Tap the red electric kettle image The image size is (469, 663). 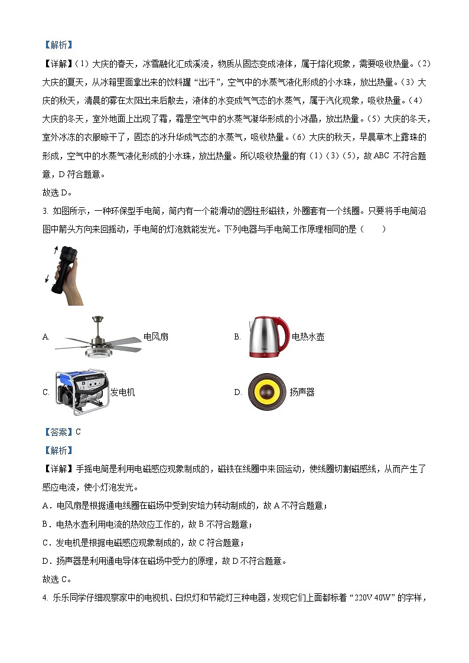pyautogui.click(x=266, y=337)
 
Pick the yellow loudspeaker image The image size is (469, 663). pyautogui.click(x=267, y=391)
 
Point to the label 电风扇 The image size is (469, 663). pyautogui.click(x=156, y=337)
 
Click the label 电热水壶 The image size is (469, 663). pyautogui.click(x=308, y=337)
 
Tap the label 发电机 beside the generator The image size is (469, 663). pyautogui.click(x=122, y=392)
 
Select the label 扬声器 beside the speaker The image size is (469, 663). pyautogui.click(x=302, y=392)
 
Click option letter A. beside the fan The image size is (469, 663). pyautogui.click(x=46, y=337)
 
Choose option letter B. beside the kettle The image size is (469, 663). pyautogui.click(x=237, y=337)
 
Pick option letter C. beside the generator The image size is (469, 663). pyautogui.click(x=46, y=392)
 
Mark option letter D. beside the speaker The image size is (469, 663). pyautogui.click(x=237, y=392)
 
